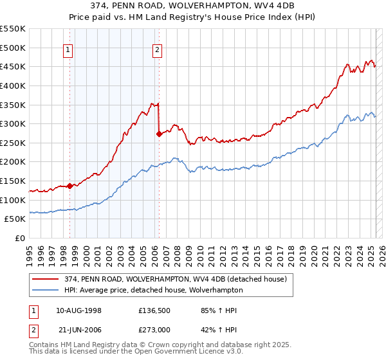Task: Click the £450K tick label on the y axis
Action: point(13,66)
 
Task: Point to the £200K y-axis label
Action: point(13,162)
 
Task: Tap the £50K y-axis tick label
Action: point(15,219)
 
